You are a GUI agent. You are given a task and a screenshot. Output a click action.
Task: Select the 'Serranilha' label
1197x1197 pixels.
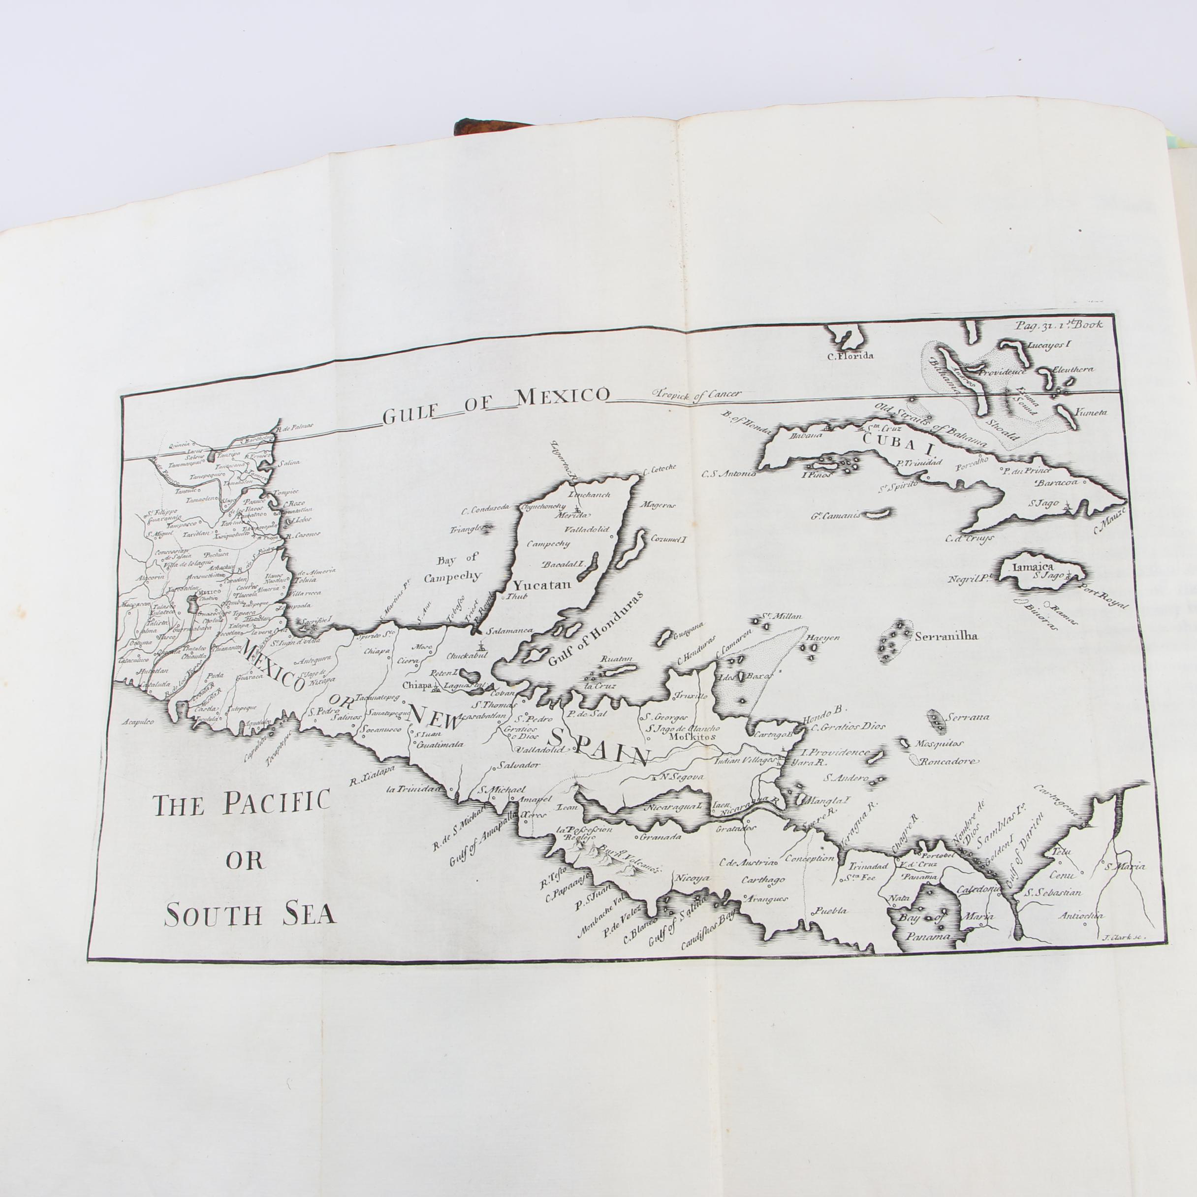click(x=944, y=636)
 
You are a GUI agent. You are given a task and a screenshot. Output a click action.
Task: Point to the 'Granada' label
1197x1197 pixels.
click(x=661, y=836)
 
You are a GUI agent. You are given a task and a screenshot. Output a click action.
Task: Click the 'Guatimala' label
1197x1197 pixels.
click(x=441, y=745)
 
